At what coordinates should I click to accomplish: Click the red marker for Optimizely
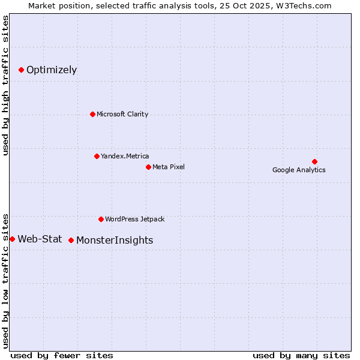pyautogui.click(x=21, y=70)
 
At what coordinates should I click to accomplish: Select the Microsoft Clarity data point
pyautogui.click(x=92, y=114)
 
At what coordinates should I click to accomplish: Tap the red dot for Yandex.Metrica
pyautogui.click(x=97, y=156)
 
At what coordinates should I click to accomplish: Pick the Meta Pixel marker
pyautogui.click(x=148, y=167)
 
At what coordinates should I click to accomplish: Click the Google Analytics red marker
pyautogui.click(x=314, y=161)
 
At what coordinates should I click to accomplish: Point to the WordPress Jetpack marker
pyautogui.click(x=101, y=219)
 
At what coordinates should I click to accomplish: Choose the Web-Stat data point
pyautogui.click(x=13, y=239)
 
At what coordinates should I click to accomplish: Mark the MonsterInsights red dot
pyautogui.click(x=71, y=240)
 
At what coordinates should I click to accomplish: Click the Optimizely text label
pyautogui.click(x=52, y=70)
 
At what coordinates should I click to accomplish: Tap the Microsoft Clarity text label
pyautogui.click(x=122, y=114)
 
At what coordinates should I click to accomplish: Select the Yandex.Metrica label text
pyautogui.click(x=125, y=156)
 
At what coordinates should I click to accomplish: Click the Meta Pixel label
pyautogui.click(x=169, y=167)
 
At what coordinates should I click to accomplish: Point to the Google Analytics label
pyautogui.click(x=299, y=170)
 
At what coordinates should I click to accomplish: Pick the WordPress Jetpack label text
pyautogui.click(x=134, y=219)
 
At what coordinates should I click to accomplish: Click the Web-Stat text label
pyautogui.click(x=40, y=239)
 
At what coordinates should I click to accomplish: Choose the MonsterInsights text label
pyautogui.click(x=115, y=241)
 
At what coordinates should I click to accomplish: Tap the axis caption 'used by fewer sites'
pyautogui.click(x=62, y=355)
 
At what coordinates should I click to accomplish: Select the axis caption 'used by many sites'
pyautogui.click(x=301, y=355)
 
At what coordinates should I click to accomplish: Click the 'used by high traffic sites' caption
pyautogui.click(x=6, y=85)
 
